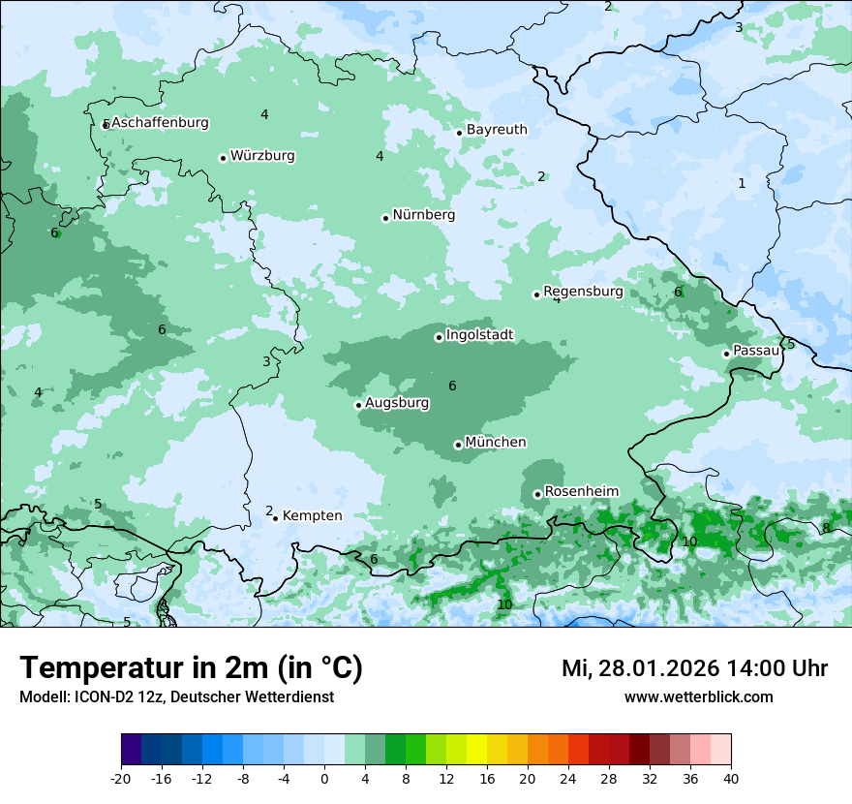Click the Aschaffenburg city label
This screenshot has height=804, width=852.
(160, 123)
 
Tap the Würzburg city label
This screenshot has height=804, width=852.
(262, 156)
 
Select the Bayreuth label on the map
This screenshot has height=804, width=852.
(497, 130)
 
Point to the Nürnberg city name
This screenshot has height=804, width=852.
(423, 215)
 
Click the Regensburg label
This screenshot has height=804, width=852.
(583, 292)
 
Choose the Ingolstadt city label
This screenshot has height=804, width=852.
(479, 335)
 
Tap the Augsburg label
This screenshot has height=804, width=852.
(397, 402)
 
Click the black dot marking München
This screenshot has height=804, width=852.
(458, 445)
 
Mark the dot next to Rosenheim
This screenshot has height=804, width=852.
(537, 494)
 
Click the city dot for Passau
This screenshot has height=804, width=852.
(726, 354)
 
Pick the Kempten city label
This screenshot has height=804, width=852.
(312, 516)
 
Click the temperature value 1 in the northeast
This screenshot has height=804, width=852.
(742, 183)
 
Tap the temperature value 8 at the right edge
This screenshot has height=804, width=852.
(826, 528)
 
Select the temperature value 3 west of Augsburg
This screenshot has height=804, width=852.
(266, 361)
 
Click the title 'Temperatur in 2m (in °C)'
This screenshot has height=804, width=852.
(192, 668)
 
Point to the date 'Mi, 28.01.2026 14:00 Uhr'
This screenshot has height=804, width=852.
(694, 668)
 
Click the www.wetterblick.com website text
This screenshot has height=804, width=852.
(698, 697)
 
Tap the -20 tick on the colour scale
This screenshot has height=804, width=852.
(121, 778)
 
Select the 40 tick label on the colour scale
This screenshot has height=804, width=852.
(731, 778)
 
